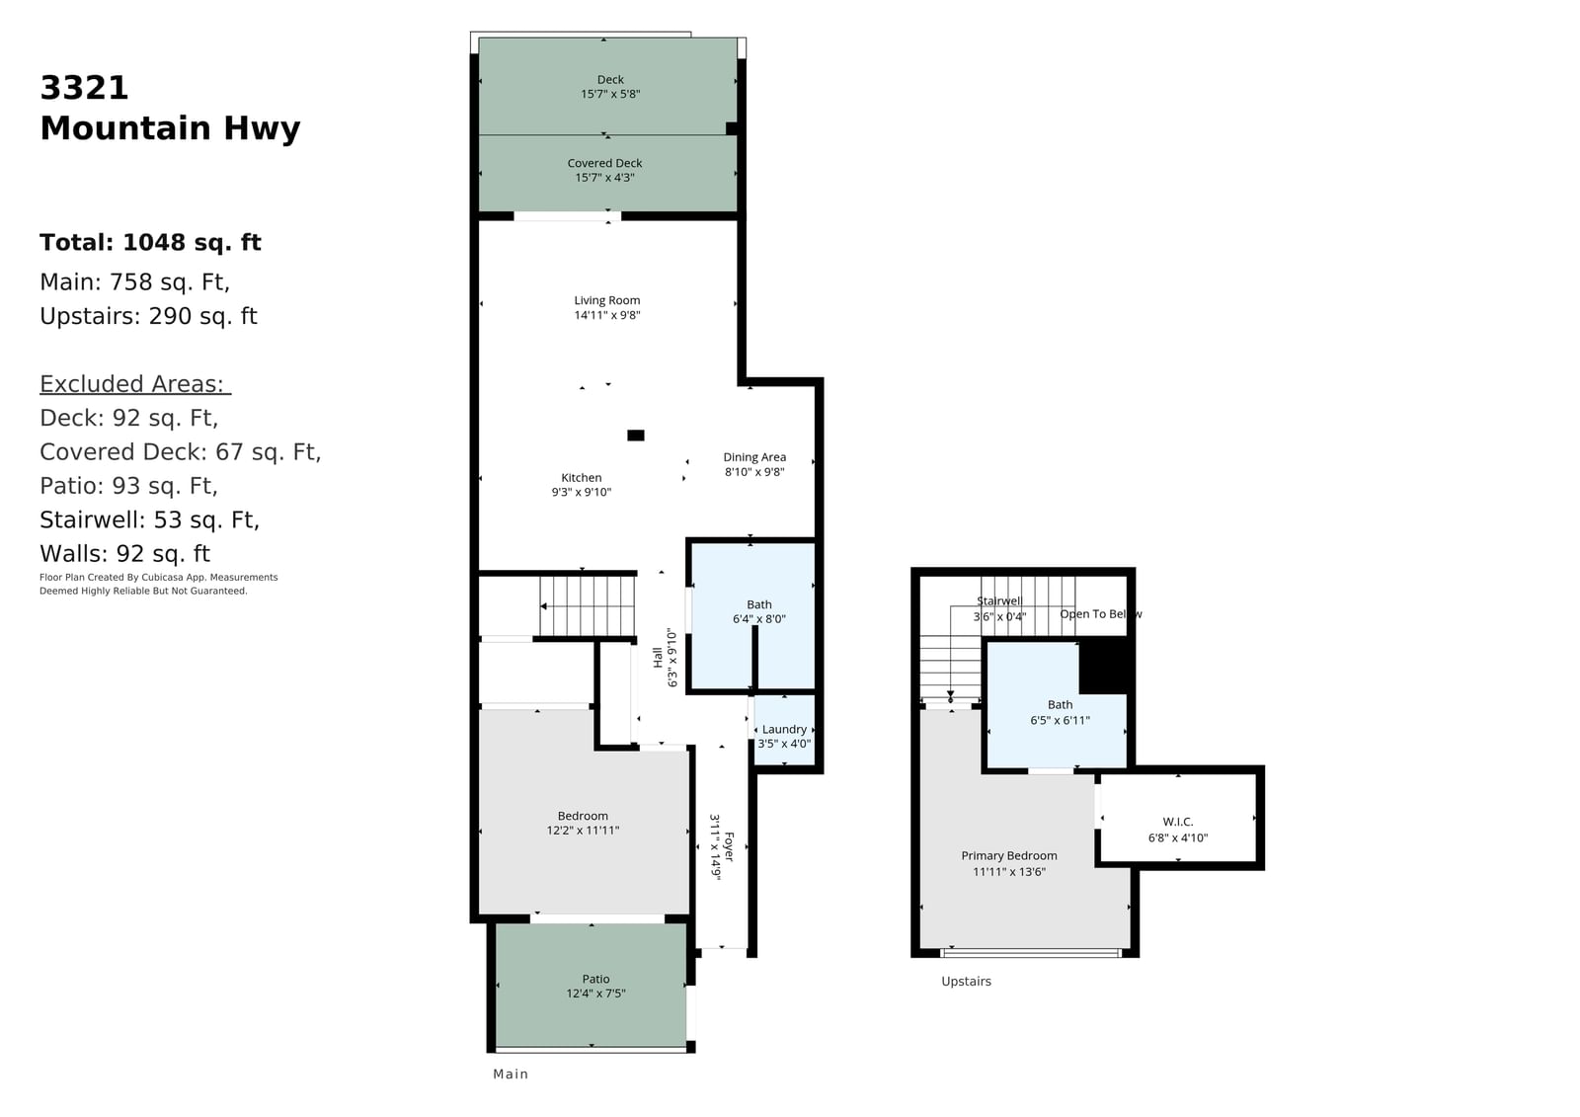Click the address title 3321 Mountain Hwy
click(x=170, y=108)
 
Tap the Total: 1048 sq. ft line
click(x=150, y=243)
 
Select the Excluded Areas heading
click(x=134, y=384)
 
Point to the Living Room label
click(x=606, y=300)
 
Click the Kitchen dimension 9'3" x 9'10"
click(x=582, y=493)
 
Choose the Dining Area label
click(x=754, y=457)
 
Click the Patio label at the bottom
click(x=596, y=980)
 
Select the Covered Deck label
click(x=604, y=163)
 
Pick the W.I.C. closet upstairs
click(x=1179, y=819)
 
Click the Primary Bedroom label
click(x=1009, y=856)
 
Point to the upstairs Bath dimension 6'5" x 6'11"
click(x=1061, y=720)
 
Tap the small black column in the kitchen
click(x=636, y=436)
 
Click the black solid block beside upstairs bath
click(x=1104, y=665)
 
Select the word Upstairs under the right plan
click(x=967, y=982)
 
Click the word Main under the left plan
click(x=511, y=1074)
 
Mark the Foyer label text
click(x=730, y=846)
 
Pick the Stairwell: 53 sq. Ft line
click(x=149, y=520)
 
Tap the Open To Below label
click(x=1100, y=614)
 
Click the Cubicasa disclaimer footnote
click(x=159, y=585)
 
